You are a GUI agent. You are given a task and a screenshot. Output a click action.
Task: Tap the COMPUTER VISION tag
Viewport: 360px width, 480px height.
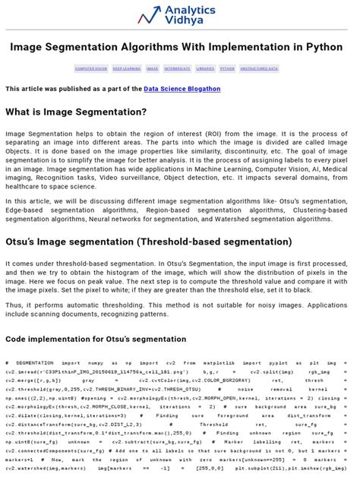(x=90, y=68)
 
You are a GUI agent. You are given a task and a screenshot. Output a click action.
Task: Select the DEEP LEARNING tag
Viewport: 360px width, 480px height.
(x=127, y=68)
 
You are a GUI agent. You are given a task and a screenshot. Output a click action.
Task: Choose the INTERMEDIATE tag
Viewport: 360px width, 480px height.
(x=177, y=68)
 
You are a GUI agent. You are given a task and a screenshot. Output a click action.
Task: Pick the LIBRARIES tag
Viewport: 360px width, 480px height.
(x=205, y=68)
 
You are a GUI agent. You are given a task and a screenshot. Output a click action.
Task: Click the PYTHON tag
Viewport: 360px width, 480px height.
(x=227, y=68)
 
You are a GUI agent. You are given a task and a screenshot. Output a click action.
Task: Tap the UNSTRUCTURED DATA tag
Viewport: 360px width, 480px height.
(x=259, y=68)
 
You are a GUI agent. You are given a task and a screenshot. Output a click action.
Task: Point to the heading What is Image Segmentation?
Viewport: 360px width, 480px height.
(x=76, y=112)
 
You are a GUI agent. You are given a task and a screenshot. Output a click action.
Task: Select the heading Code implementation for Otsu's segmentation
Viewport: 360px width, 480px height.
(x=96, y=339)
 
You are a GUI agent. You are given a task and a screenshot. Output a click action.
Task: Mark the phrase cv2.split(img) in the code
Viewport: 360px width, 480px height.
(x=265, y=373)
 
